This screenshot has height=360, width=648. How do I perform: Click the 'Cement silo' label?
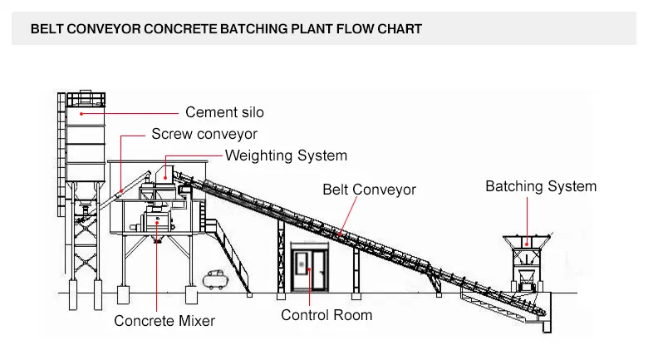224,112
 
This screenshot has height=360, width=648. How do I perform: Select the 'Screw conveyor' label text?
204,134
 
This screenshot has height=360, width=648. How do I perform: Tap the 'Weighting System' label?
286,155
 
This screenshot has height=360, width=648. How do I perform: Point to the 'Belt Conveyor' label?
369,190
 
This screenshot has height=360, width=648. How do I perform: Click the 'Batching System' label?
540,186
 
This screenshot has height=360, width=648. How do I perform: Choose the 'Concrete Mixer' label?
164,321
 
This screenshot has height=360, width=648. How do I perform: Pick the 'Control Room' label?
326,315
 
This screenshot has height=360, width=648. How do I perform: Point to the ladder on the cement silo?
61,166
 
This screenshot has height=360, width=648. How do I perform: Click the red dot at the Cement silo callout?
81,112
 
